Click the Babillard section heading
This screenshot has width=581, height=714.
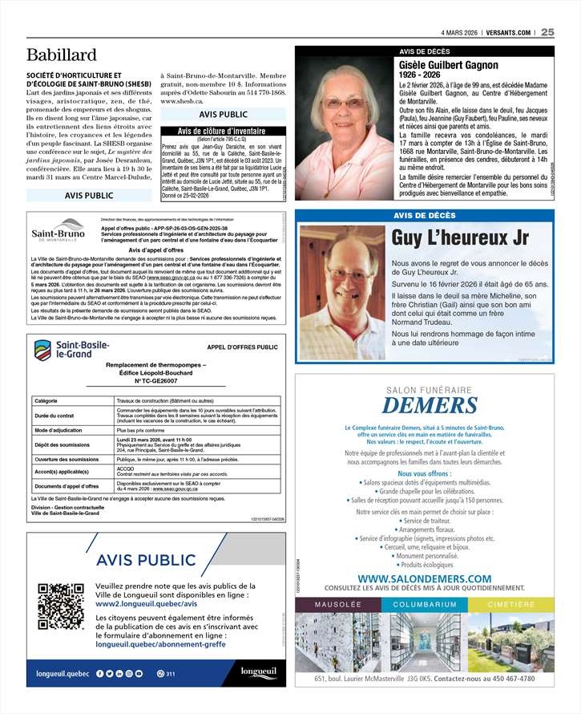tap(62, 55)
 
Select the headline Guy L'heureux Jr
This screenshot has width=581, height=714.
tap(461, 237)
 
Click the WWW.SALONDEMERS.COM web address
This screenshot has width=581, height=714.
tap(424, 578)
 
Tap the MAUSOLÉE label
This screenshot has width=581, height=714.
tap(338, 604)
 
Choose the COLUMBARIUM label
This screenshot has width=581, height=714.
tap(425, 604)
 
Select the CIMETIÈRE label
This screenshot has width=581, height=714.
tap(510, 604)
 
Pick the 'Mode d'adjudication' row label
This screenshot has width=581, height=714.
tap(59, 431)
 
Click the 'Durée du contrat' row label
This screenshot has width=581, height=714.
tap(54, 416)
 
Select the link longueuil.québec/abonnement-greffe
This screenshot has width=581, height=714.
tap(160, 644)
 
